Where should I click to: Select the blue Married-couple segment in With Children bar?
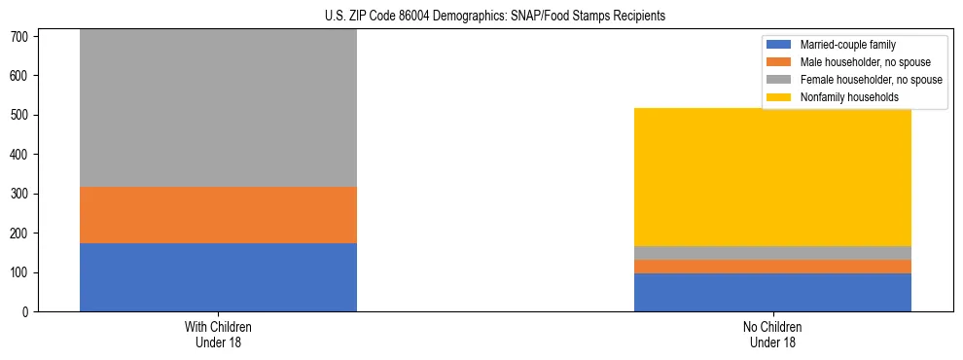point(218,277)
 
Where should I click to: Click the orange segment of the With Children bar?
point(218,215)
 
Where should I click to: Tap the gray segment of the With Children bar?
point(218,108)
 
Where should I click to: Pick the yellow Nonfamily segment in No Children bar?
point(772,177)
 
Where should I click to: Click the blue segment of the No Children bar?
point(772,293)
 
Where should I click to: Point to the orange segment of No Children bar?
point(772,267)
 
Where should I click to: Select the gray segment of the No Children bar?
point(772,253)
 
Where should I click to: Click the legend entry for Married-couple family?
point(847,45)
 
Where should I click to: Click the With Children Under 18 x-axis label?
point(218,334)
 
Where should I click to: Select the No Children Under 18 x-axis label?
point(772,334)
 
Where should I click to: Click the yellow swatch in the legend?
point(779,97)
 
